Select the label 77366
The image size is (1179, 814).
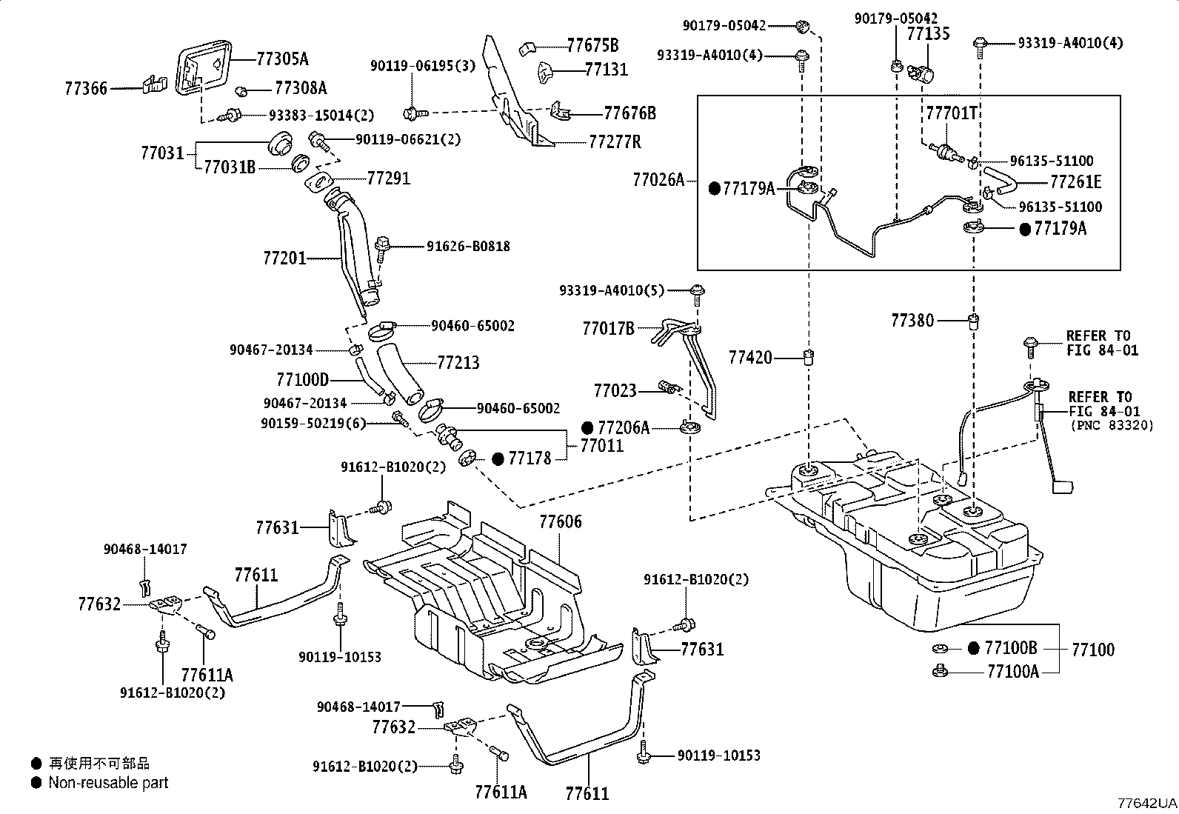pyautogui.click(x=86, y=89)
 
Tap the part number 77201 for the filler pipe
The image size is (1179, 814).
pyautogui.click(x=284, y=258)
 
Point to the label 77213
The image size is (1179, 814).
pyautogui.click(x=458, y=362)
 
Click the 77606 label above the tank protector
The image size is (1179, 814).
pyautogui.click(x=560, y=521)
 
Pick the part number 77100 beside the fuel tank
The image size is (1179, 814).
pyautogui.click(x=1092, y=650)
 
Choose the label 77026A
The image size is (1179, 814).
pyautogui.click(x=659, y=179)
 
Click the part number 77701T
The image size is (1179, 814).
pyautogui.click(x=951, y=113)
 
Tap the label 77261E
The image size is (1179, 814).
pyautogui.click(x=1075, y=182)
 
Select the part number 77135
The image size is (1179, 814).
pyautogui.click(x=928, y=35)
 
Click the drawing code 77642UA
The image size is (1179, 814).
pyautogui.click(x=1146, y=803)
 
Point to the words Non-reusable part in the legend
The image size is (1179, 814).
pyautogui.click(x=108, y=783)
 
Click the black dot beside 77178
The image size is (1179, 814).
pyautogui.click(x=498, y=459)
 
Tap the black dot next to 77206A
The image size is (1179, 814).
pyautogui.click(x=587, y=427)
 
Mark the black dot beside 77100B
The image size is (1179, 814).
pyautogui.click(x=974, y=648)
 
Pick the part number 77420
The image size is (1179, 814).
pyautogui.click(x=750, y=358)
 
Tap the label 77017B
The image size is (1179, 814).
pyautogui.click(x=608, y=328)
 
